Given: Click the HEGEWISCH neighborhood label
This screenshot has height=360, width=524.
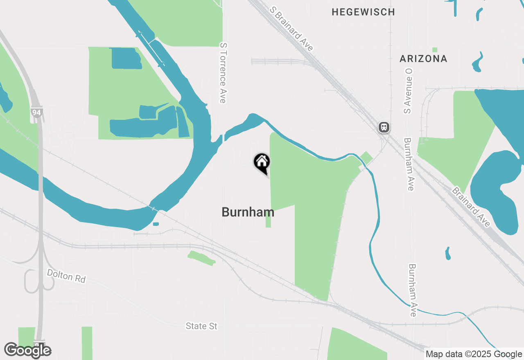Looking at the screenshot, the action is point(363,12).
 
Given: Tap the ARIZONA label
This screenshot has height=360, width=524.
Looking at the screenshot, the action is point(423,59).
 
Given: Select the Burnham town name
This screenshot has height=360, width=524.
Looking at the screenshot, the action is point(248,212).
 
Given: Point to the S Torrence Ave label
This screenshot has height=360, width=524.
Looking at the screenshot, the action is point(223,73).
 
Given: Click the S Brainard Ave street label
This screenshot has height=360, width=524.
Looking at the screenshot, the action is point(291,29).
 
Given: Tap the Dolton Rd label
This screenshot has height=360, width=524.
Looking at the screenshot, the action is point(66,276).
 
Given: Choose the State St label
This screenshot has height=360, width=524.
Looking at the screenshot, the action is point(201,326).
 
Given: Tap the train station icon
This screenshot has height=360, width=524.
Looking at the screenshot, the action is point(384,127).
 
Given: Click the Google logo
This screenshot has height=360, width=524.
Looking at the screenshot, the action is point(28,350).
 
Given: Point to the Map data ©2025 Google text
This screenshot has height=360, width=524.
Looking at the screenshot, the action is point(474,354).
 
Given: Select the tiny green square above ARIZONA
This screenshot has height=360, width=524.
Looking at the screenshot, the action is point(434,49).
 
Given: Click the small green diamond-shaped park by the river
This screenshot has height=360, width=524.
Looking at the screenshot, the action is point(366,157).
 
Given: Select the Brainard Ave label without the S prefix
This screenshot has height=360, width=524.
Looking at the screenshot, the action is point(471,207).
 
